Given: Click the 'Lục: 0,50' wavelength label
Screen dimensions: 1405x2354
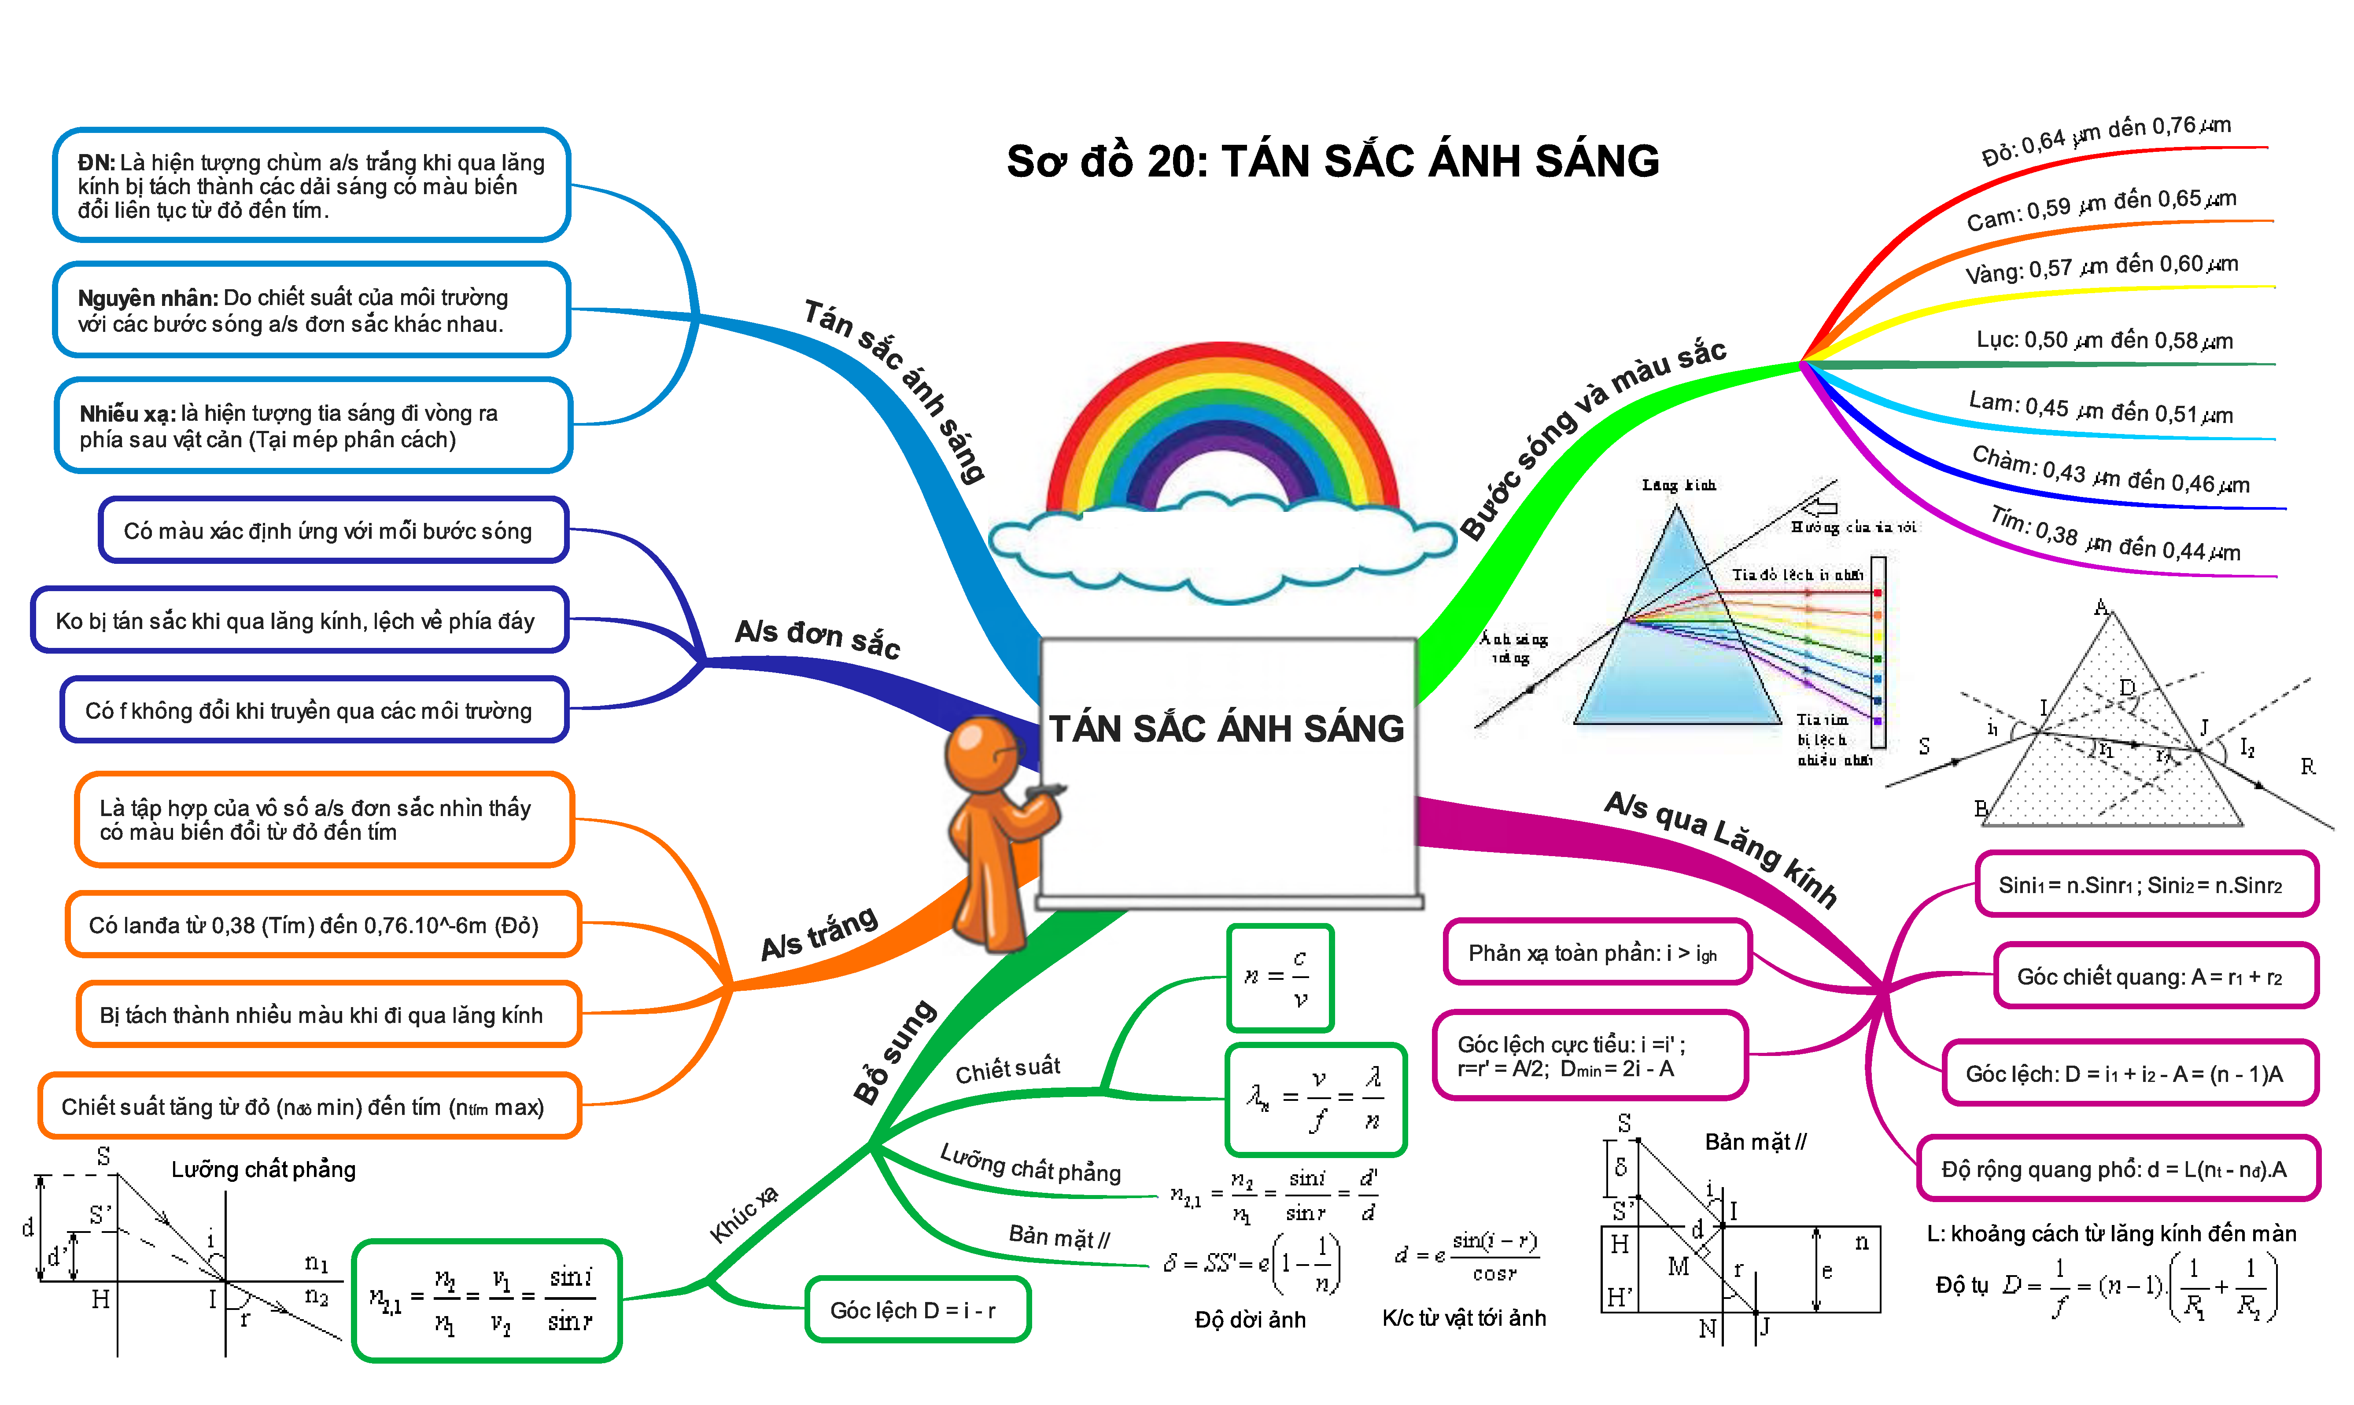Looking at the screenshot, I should pyautogui.click(x=2104, y=340).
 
